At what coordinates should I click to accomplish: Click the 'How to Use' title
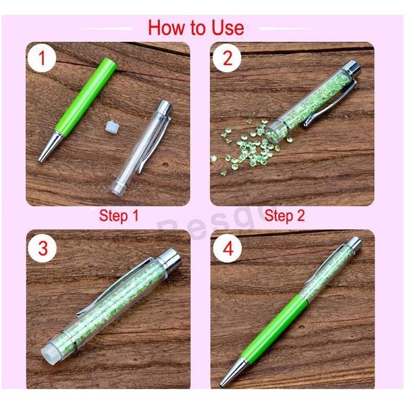coord(196,28)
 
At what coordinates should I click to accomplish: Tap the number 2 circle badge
coord(227,59)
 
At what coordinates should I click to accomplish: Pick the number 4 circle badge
coord(227,248)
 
